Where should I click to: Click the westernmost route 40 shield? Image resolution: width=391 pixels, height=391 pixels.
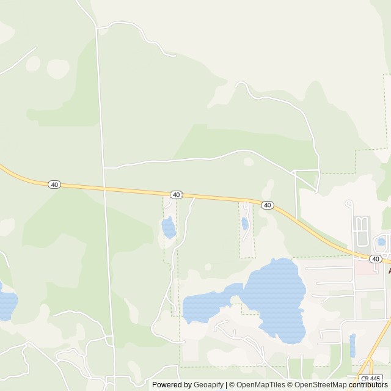tap(54, 185)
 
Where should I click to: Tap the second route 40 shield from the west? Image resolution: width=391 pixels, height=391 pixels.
tap(176, 194)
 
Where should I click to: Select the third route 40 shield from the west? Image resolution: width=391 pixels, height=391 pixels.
tap(267, 205)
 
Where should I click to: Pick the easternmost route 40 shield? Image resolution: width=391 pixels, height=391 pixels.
tap(375, 259)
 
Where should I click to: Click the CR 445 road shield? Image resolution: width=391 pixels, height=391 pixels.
tap(369, 379)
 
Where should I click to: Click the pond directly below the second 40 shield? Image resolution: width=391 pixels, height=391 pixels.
tap(168, 227)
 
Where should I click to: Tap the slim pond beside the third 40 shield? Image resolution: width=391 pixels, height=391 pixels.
tap(244, 224)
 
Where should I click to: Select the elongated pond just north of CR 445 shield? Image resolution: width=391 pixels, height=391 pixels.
tap(353, 345)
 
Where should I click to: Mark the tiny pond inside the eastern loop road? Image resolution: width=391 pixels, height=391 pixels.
tap(381, 242)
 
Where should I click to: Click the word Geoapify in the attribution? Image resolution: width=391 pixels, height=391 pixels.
tap(208, 385)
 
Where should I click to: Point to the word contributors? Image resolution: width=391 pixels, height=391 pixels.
tap(368, 385)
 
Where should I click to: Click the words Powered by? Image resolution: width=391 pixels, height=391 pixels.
tap(171, 385)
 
